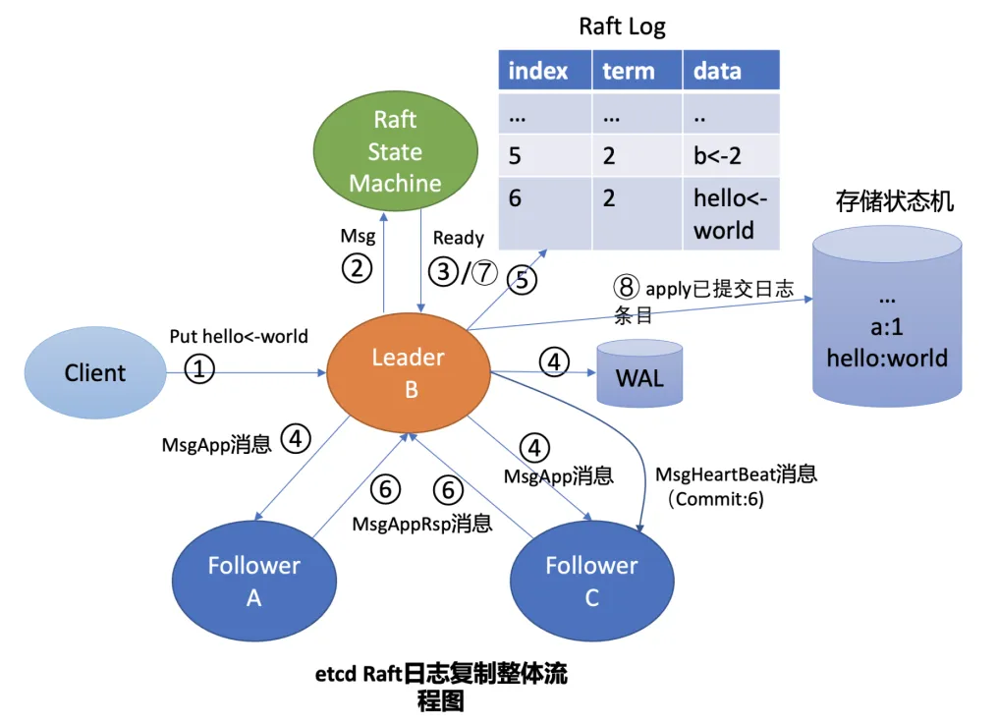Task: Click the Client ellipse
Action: click(x=95, y=372)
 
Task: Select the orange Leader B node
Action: click(x=409, y=373)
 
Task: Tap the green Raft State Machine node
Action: click(x=395, y=151)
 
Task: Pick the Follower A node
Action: click(x=254, y=581)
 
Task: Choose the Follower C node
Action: click(x=592, y=581)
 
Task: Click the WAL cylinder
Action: click(x=639, y=373)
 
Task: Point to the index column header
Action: click(x=545, y=70)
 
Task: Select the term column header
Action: click(x=638, y=70)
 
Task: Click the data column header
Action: click(x=732, y=70)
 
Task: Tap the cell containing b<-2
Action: click(x=732, y=155)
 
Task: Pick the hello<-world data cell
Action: click(x=732, y=213)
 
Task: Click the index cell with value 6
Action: click(x=545, y=213)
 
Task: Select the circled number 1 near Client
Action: click(x=199, y=369)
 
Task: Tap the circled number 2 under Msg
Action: click(x=358, y=268)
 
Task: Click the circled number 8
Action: click(x=627, y=287)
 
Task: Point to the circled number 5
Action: click(x=522, y=279)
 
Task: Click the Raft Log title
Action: click(x=622, y=27)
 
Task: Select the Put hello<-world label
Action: click(x=239, y=336)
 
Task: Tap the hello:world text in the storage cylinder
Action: click(x=887, y=358)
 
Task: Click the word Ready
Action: click(x=459, y=238)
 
